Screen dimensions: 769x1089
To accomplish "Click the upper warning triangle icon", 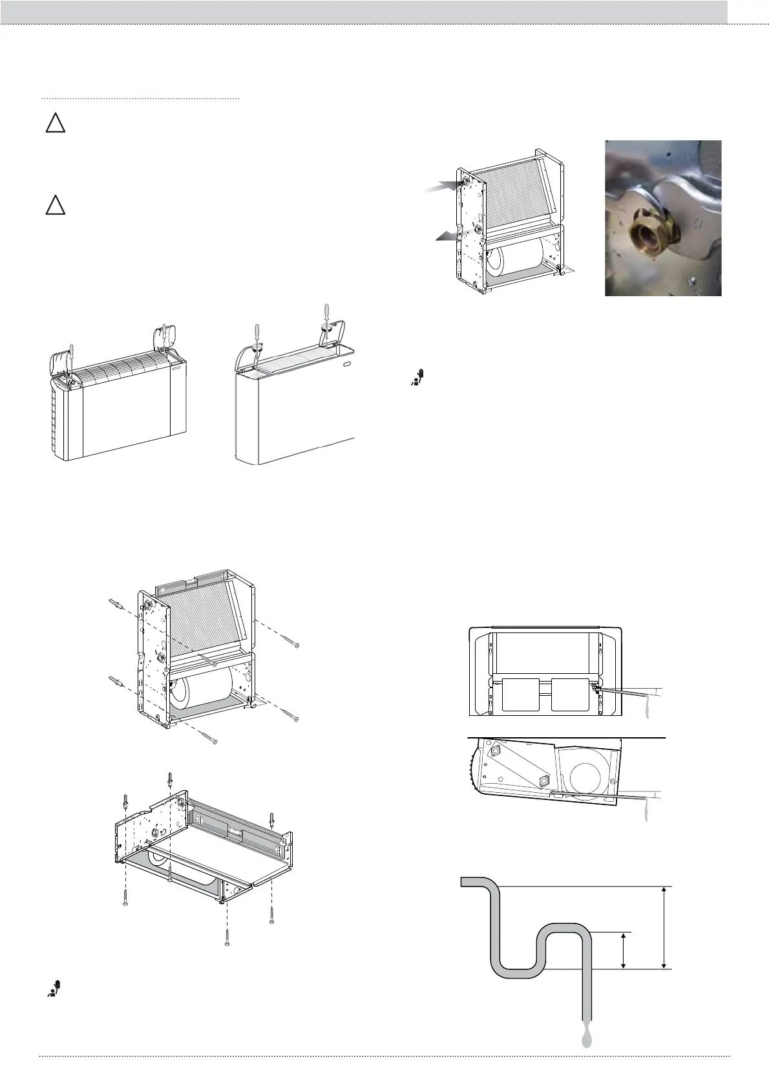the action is (x=55, y=124).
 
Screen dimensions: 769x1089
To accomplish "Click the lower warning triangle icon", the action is (x=55, y=206).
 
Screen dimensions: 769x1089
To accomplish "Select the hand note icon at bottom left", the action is (x=54, y=988).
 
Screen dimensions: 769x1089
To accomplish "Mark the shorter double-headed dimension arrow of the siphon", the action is (x=623, y=950).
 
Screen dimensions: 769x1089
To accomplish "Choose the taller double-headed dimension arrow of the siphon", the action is (x=665, y=927).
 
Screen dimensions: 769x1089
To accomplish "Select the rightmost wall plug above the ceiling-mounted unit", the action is (x=272, y=821).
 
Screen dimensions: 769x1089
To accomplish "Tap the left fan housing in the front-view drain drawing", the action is (x=520, y=694).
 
